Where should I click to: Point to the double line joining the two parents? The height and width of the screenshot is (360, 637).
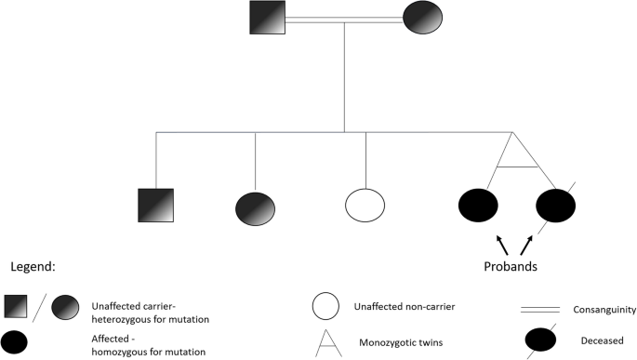click(344, 19)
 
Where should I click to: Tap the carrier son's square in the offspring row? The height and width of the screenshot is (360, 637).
click(155, 206)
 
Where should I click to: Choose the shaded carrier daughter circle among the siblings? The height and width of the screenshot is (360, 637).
click(256, 206)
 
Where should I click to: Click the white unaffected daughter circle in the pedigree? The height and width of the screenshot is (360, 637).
click(365, 206)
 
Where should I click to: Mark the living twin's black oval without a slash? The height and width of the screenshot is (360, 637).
click(478, 206)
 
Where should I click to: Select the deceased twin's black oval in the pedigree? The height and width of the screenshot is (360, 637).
click(556, 206)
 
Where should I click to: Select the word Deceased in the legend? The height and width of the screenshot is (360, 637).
click(604, 340)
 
